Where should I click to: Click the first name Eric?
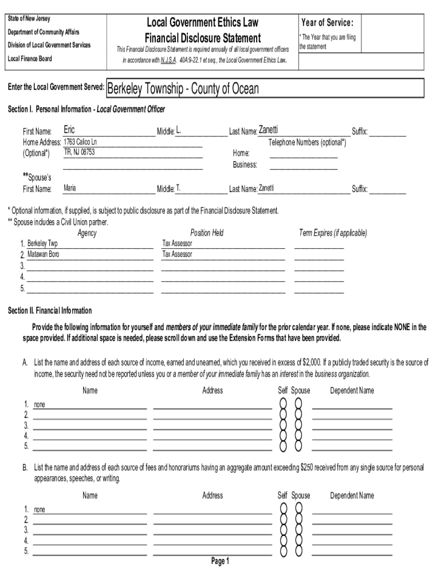point(69,130)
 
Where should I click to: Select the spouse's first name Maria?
point(70,188)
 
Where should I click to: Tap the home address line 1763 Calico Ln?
point(80,142)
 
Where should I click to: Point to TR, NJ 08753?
point(79,152)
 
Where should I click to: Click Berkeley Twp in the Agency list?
point(42,244)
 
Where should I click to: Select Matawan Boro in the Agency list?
point(43,254)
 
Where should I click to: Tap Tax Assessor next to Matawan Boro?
point(178,254)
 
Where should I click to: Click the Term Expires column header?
point(333,233)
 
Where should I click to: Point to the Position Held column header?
point(207,233)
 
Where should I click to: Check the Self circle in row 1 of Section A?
point(283,404)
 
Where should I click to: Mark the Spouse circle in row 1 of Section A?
point(298,404)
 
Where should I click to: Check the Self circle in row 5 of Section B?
point(283,551)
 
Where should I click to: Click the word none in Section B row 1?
point(40,509)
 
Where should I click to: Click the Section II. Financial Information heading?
point(49,311)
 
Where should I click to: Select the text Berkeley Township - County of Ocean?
point(183,89)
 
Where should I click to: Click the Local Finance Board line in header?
point(29,58)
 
